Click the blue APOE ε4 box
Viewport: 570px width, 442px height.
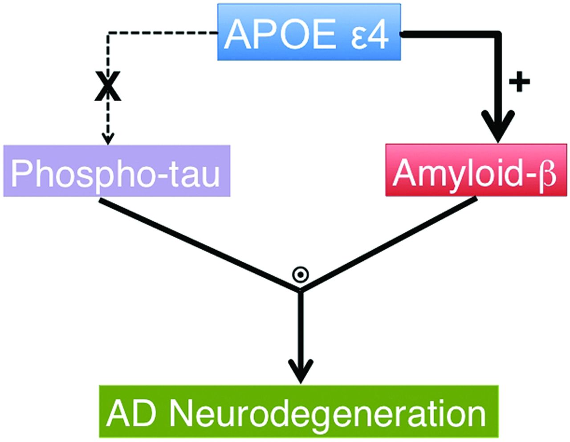click(309, 32)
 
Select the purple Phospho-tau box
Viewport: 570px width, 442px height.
click(117, 171)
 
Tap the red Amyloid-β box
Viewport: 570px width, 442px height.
click(476, 170)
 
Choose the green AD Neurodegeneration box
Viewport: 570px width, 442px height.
click(298, 412)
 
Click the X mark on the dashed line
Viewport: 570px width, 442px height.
click(107, 88)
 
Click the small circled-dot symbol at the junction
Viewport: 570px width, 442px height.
click(301, 275)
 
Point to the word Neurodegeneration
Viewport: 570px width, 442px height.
click(327, 413)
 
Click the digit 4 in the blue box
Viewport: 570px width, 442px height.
click(379, 34)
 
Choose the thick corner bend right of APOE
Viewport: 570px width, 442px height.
click(497, 35)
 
